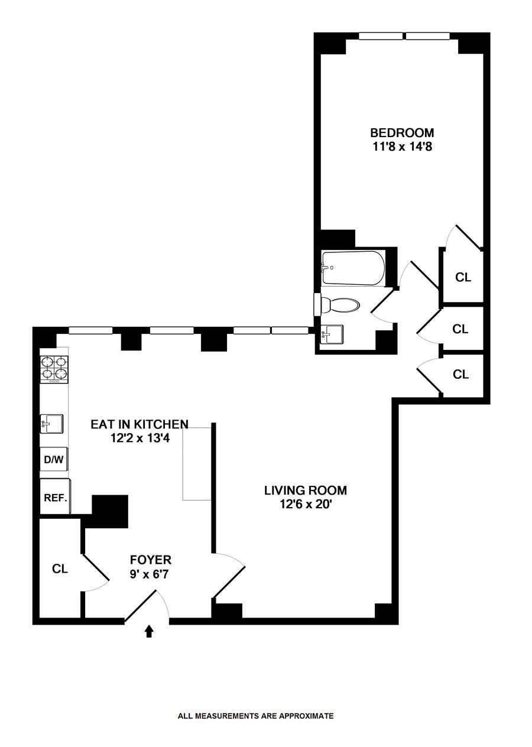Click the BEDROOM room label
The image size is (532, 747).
(402, 133)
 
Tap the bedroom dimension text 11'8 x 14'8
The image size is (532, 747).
(402, 147)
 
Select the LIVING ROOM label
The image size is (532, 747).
(306, 491)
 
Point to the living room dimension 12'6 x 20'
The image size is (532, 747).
(306, 505)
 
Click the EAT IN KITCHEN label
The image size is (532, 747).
(140, 424)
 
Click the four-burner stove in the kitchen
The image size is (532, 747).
(54, 369)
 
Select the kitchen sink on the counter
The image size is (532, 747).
(51, 424)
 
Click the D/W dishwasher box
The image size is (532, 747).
(54, 459)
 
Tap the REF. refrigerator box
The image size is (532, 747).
(56, 496)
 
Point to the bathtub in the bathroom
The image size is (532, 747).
(353, 268)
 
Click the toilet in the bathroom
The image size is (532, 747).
(338, 305)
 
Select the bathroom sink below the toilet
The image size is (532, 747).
(332, 335)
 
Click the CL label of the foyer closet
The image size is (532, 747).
(60, 569)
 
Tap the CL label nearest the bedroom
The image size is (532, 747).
(463, 277)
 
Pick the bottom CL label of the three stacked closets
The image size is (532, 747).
(460, 375)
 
